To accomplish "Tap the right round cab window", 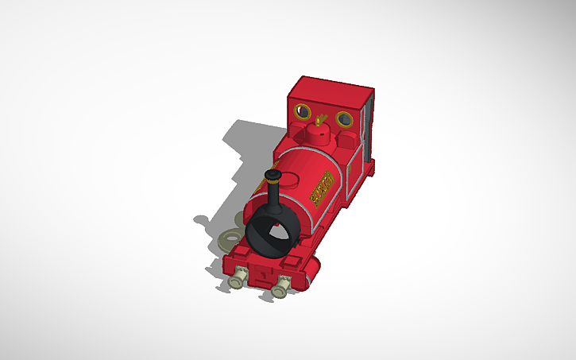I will [344, 119].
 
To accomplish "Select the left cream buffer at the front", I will [236, 281].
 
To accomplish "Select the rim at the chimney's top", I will [273, 174].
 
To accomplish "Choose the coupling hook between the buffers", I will [260, 275].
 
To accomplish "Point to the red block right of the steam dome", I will [346, 143].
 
